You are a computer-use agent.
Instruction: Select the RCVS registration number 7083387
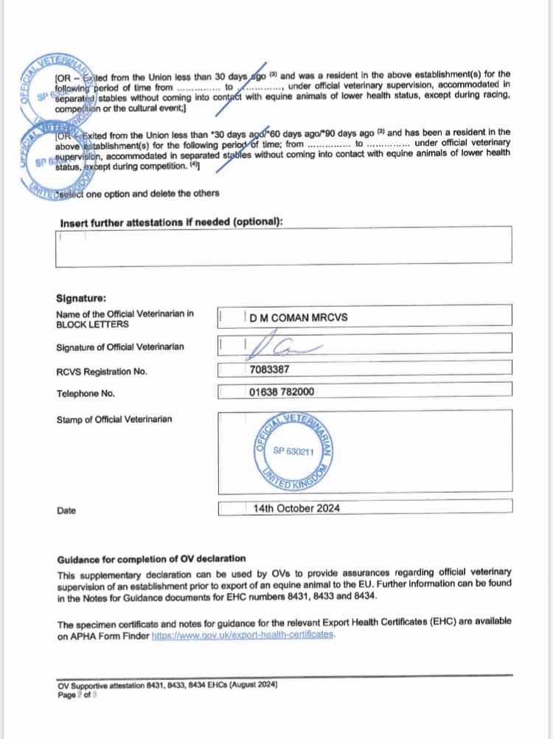point(270,370)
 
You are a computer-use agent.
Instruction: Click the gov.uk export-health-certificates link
point(243,635)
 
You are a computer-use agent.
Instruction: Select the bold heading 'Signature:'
point(81,298)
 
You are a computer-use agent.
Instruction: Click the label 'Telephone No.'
point(86,394)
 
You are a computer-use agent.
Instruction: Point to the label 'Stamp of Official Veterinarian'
point(114,420)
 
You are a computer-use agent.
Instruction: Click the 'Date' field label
point(66,510)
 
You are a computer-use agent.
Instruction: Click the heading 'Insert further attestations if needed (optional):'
point(172,223)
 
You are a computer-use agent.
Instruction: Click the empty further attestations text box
point(284,247)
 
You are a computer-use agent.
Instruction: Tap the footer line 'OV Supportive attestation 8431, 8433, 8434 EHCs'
point(167,684)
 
